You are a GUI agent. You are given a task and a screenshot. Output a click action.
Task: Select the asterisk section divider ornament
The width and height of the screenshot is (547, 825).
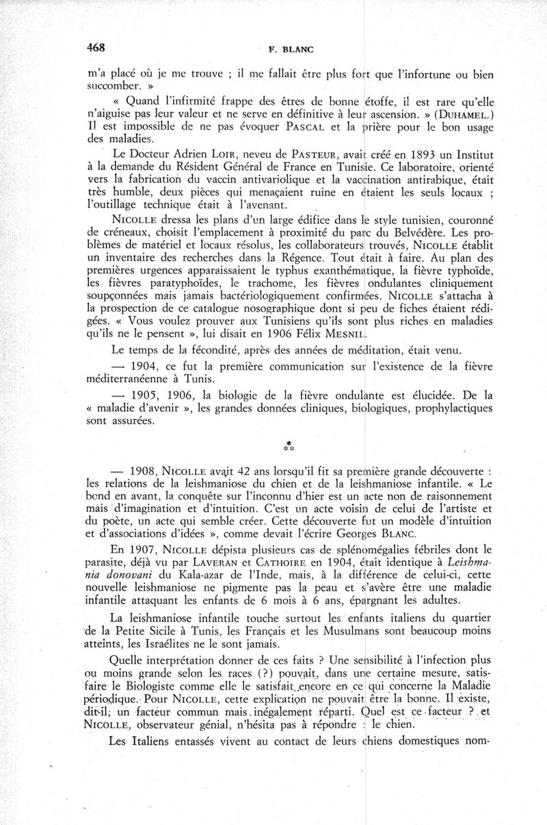[289, 448]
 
